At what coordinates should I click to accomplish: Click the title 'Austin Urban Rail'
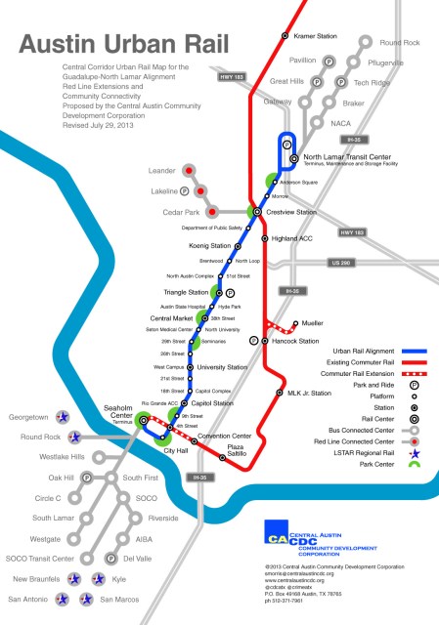(x=123, y=45)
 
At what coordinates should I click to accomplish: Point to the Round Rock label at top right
(x=399, y=43)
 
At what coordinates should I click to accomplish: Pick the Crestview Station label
(x=292, y=212)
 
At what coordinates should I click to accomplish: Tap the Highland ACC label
(x=291, y=238)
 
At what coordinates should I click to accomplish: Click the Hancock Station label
(x=295, y=341)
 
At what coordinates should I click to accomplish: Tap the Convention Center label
(x=225, y=436)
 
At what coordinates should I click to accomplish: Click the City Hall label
(x=176, y=450)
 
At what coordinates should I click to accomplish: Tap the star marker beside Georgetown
(x=63, y=416)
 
